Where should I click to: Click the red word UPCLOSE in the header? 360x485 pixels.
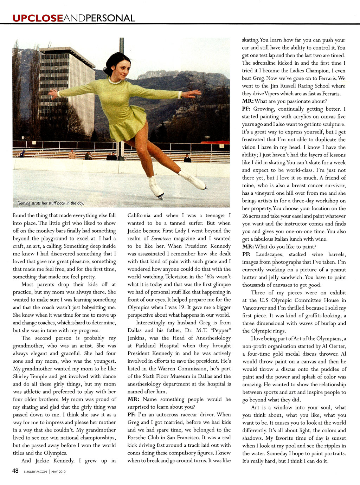pos(38,18)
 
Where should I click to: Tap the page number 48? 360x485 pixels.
pos(15,471)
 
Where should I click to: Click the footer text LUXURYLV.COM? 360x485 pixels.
pos(35,472)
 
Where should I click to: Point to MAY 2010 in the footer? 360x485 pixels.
pos(59,472)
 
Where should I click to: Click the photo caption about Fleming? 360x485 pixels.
pos(51,203)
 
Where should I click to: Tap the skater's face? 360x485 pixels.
pos(122,70)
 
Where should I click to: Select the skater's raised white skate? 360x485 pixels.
pos(192,180)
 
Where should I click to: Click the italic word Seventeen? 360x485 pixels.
pos(161,239)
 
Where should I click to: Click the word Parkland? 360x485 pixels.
pos(145,346)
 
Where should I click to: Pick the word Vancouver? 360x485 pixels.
pos(255,308)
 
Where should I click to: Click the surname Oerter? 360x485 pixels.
pos(336,346)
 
